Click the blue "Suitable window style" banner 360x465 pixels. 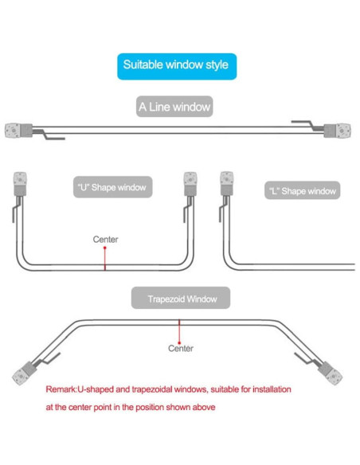tap(177, 64)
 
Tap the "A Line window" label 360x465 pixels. tap(174, 106)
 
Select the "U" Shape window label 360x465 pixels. tap(110, 188)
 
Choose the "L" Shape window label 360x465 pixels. tap(301, 191)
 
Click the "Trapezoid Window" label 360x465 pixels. tap(180, 299)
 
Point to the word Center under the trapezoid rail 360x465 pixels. tap(181, 348)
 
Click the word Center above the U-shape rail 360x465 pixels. tap(106, 239)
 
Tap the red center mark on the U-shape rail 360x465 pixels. tap(105, 257)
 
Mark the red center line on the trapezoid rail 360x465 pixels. tap(180, 329)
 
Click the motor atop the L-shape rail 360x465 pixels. tap(225, 182)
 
